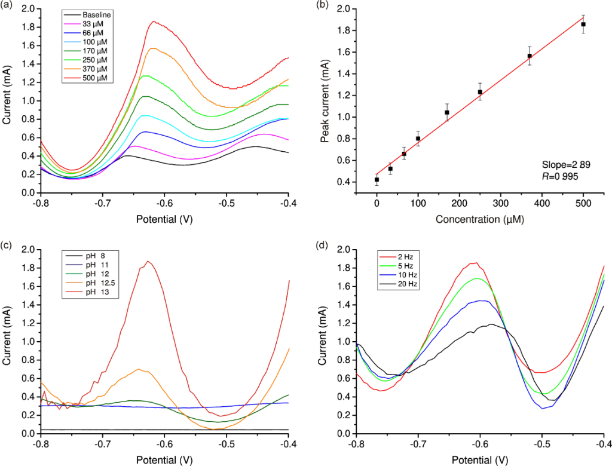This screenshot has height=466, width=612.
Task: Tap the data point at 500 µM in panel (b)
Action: click(583, 24)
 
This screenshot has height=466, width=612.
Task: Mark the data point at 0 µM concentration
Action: click(377, 179)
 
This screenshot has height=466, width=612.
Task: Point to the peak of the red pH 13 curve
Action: click(148, 261)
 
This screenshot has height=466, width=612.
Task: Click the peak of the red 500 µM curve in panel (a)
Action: click(154, 22)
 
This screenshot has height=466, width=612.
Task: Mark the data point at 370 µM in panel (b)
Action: click(530, 56)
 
